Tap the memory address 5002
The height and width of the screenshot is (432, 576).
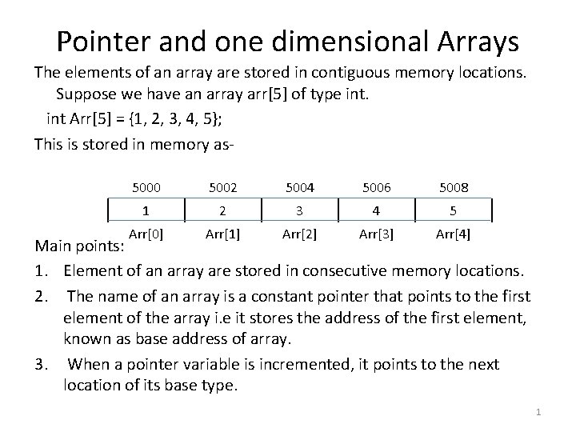(222, 187)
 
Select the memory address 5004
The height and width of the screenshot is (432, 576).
(298, 187)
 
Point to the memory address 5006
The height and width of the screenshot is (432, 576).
(375, 187)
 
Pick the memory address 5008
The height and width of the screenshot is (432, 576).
(454, 187)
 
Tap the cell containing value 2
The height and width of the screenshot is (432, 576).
(222, 211)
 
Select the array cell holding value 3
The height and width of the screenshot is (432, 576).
(298, 211)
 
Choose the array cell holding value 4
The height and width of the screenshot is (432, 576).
(375, 211)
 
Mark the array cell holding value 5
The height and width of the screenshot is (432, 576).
(454, 211)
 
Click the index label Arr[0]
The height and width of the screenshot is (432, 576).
(146, 234)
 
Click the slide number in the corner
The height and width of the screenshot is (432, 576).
(539, 412)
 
